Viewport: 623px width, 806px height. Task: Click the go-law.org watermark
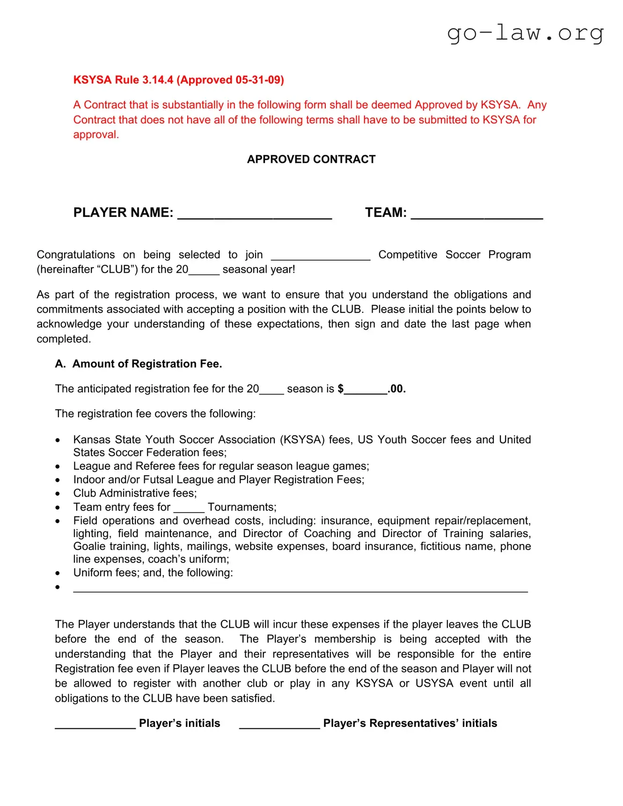(x=525, y=33)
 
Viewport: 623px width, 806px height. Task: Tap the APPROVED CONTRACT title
(x=311, y=160)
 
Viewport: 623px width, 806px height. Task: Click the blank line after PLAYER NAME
(x=255, y=215)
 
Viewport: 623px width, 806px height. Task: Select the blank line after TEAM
(x=476, y=215)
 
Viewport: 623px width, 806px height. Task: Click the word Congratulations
(x=75, y=255)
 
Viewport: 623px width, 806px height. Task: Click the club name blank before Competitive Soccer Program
(x=321, y=256)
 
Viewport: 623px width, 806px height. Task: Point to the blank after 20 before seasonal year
(x=204, y=271)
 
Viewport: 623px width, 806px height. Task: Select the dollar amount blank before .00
(x=366, y=391)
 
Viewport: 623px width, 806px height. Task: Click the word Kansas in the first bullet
(x=92, y=440)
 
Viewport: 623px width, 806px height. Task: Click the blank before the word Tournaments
(x=189, y=509)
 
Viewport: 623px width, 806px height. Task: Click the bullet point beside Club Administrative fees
(x=58, y=494)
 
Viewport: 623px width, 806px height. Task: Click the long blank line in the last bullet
(x=300, y=589)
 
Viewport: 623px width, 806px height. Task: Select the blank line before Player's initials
(x=95, y=726)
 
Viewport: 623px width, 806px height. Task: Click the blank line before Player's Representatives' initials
(x=279, y=726)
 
